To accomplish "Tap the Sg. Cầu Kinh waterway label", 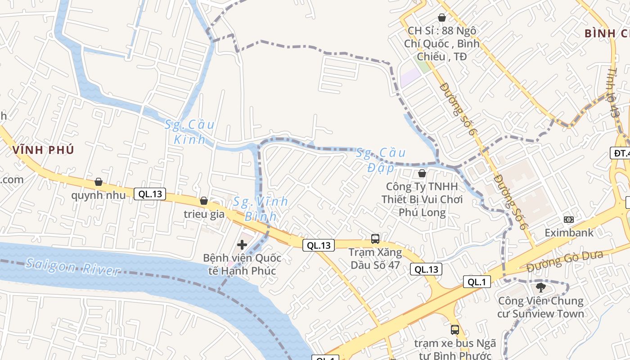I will (189, 132).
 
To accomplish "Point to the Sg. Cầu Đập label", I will (381, 160).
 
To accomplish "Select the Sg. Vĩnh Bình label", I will (261, 209).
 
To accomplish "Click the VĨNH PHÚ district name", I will (43, 150).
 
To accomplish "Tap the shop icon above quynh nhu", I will (99, 182).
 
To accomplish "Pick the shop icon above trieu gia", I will (204, 200).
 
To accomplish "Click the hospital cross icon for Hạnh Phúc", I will (242, 245).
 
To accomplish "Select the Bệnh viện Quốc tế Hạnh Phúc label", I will (242, 264).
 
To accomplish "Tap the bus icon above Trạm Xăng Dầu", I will (375, 239).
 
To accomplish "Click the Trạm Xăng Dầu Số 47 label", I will (375, 258).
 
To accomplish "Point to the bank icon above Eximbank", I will (569, 220).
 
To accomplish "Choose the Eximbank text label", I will (569, 233).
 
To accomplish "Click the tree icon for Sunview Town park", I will (540, 287).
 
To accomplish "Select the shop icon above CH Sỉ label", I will (442, 18).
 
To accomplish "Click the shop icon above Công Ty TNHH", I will (422, 173).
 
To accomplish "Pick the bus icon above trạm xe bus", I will (455, 329).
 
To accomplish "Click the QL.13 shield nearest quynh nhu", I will (150, 194).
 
